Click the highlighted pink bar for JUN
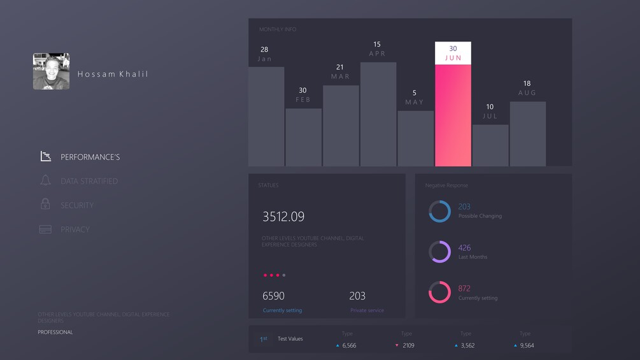click(x=453, y=115)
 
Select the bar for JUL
click(x=490, y=145)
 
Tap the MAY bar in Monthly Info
click(x=416, y=138)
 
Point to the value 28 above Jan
click(x=264, y=49)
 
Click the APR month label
click(x=377, y=54)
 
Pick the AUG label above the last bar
click(x=527, y=93)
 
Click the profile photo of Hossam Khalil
click(x=51, y=71)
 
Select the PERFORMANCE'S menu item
click(x=90, y=157)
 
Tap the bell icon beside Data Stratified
click(x=45, y=181)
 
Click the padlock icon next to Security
click(x=45, y=205)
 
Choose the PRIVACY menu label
click(x=75, y=229)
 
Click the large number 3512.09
click(x=283, y=217)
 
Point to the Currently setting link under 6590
click(x=282, y=310)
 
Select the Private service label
click(x=367, y=310)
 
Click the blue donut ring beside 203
click(x=439, y=212)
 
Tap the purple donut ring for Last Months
click(x=439, y=252)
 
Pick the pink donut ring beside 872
click(x=439, y=292)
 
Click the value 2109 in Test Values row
click(x=408, y=345)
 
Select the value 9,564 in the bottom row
click(x=527, y=345)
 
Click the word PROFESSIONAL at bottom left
click(x=55, y=332)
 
